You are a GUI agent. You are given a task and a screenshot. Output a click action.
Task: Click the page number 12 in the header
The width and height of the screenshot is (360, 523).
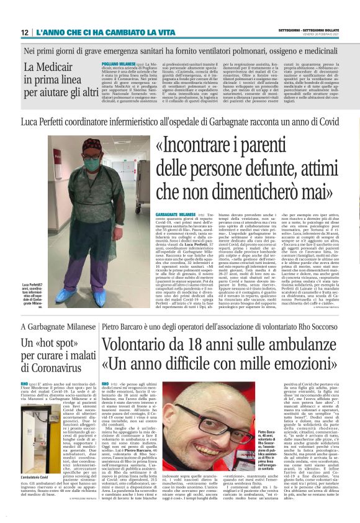coord(24,32)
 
